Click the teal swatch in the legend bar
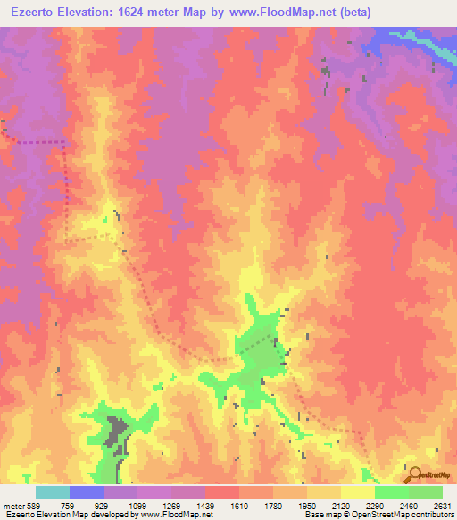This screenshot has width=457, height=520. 53,492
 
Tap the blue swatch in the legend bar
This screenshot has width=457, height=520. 87,492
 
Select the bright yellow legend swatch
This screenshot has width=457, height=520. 357,492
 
